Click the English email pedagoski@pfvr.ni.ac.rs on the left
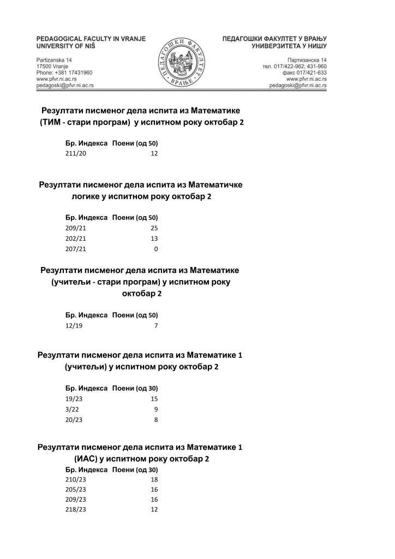point(65,86)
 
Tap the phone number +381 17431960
point(64,73)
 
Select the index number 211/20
point(76,154)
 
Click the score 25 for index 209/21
point(154,228)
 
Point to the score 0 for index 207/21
point(155,249)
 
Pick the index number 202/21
point(76,239)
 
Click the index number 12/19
point(74,326)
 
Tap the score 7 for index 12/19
point(155,326)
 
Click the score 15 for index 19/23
point(154,399)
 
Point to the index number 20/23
point(74,419)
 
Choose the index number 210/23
point(76,479)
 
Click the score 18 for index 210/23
point(154,479)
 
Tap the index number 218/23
point(76,509)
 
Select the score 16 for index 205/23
point(154,489)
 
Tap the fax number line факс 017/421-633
point(304,73)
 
